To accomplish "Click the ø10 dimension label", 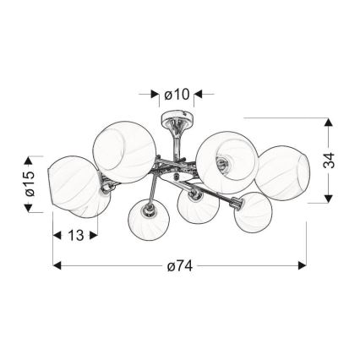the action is click(x=177, y=95).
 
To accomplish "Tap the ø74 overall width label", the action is click(x=180, y=265).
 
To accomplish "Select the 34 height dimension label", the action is click(x=329, y=161).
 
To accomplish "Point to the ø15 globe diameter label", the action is click(x=30, y=183).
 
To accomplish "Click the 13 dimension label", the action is click(x=76, y=235).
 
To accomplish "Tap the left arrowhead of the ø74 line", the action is click(x=57, y=265).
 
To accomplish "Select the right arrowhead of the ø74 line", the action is click(x=303, y=265).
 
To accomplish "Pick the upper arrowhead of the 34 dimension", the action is click(x=329, y=123).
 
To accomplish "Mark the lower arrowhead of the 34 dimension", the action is click(x=329, y=199).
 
